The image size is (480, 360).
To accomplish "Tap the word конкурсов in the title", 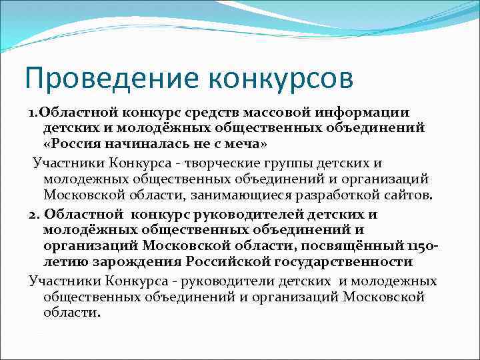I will click(x=280, y=79).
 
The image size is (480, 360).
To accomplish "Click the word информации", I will click(x=373, y=113).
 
